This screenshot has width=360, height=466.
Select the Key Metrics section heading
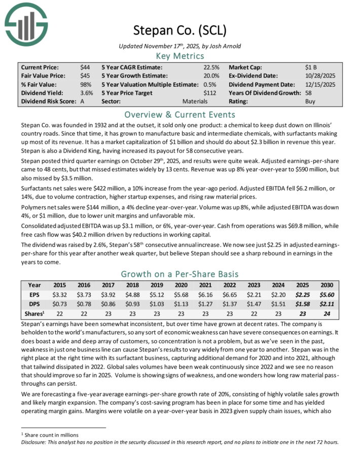(x=179, y=55)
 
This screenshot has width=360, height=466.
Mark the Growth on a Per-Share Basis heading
(x=179, y=273)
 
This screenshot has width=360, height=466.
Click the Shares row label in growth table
(x=34, y=313)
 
